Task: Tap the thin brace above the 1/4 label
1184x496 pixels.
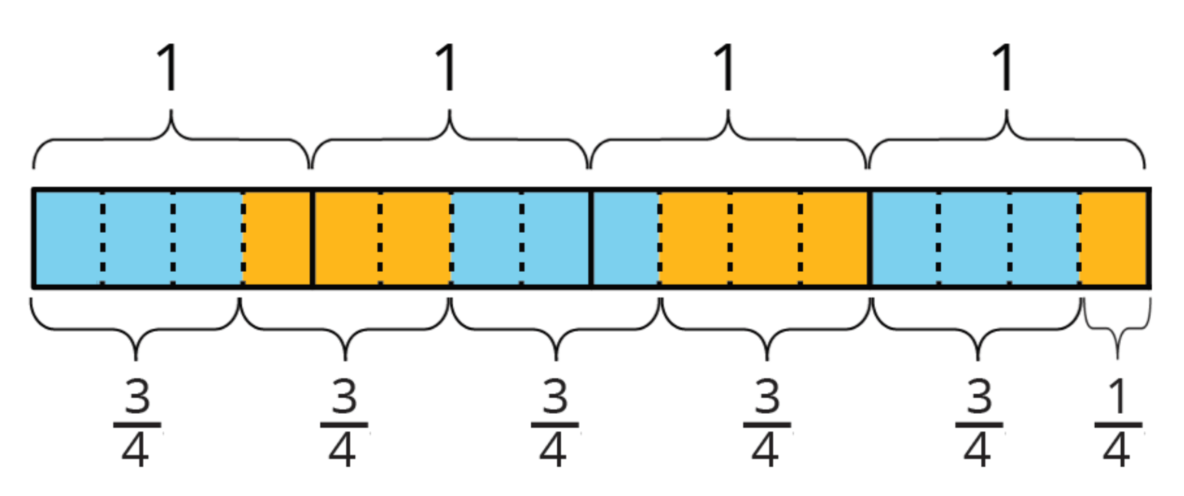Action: click(1117, 330)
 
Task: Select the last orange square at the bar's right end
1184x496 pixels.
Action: click(1113, 238)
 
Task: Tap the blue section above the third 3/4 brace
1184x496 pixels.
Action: click(555, 238)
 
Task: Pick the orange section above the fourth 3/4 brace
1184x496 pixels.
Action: click(763, 238)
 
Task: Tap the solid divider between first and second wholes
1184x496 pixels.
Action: click(311, 238)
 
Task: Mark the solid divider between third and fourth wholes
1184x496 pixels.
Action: click(868, 238)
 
